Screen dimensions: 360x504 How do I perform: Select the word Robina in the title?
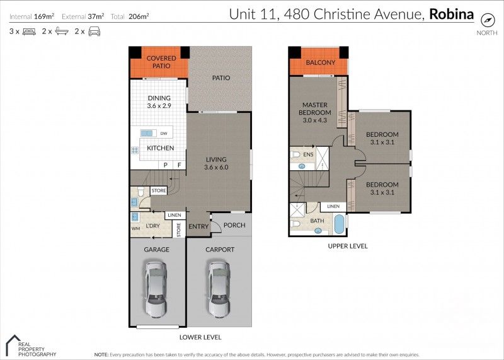(x=452, y=13)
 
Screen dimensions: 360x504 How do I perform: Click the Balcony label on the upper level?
(x=319, y=63)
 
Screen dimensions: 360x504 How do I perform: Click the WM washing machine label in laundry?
(x=135, y=228)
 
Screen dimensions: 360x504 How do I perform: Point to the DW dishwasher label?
(x=164, y=134)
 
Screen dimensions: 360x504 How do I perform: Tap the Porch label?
(x=234, y=226)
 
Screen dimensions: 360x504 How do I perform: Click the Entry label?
(x=198, y=226)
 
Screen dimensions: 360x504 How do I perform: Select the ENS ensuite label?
(x=308, y=154)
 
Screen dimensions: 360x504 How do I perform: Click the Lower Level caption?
(x=200, y=337)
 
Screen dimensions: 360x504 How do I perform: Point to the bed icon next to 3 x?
(x=29, y=31)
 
